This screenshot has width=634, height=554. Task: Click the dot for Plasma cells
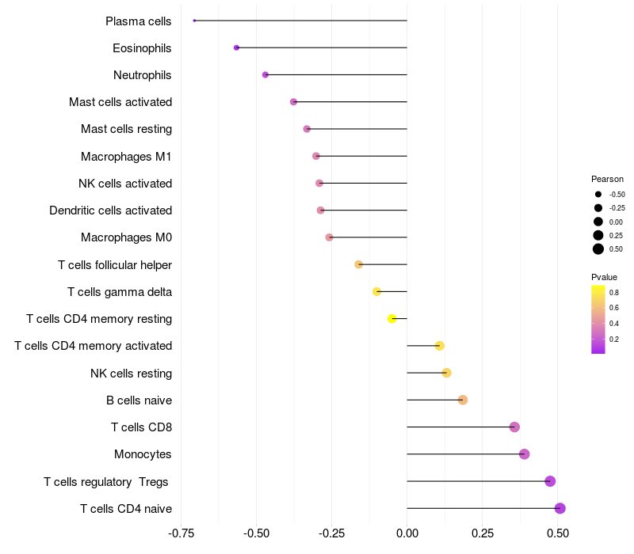194,21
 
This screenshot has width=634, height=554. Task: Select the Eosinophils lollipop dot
236,47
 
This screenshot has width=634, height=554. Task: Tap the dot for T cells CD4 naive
560,508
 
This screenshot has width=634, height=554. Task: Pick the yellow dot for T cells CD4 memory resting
391,318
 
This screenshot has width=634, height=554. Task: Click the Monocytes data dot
524,454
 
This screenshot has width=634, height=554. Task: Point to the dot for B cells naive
463,400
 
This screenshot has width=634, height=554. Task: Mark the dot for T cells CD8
514,427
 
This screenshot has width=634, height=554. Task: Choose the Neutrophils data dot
265,74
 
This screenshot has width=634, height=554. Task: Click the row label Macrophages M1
126,157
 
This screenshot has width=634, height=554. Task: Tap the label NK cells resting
131,373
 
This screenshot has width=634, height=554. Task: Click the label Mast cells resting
126,129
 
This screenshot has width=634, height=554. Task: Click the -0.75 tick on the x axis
181,534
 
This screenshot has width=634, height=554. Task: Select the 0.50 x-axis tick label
557,534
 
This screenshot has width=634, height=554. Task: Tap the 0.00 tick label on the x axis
407,534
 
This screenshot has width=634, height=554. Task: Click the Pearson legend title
607,179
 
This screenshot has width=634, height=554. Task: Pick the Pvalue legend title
604,277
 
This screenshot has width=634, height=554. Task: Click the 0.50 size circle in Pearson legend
598,249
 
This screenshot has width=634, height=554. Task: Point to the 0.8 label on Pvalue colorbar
614,292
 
